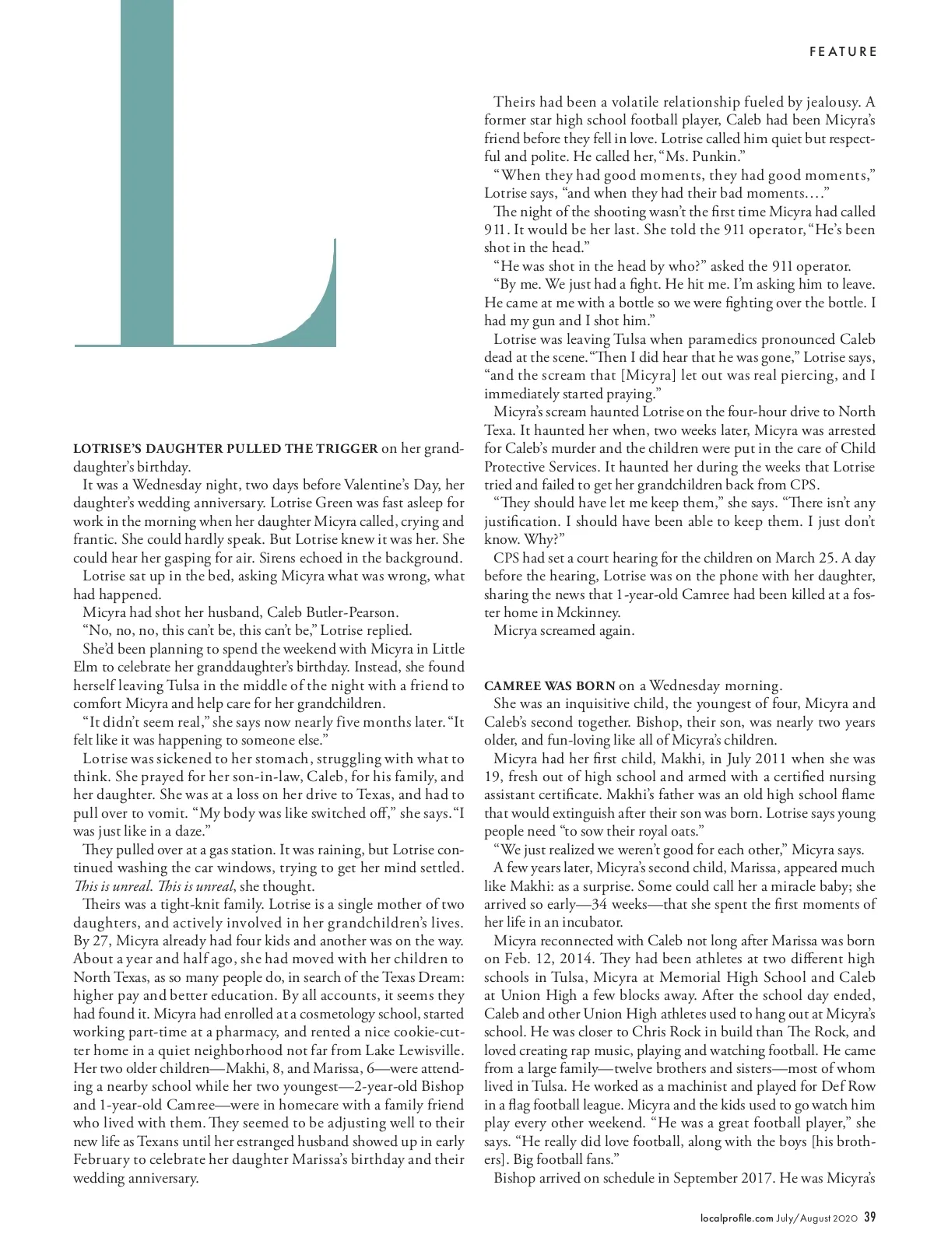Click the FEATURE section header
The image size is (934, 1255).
(843, 52)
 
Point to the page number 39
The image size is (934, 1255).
(870, 1218)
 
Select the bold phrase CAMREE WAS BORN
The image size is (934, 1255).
(550, 686)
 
